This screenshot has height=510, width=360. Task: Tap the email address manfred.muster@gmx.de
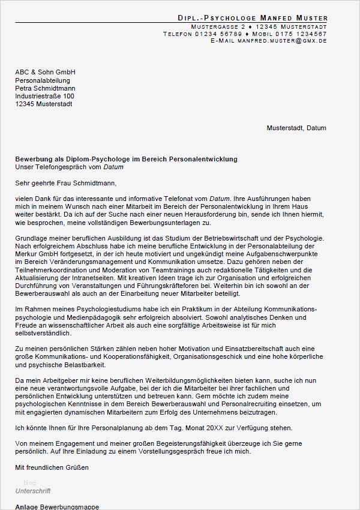[x=282, y=41]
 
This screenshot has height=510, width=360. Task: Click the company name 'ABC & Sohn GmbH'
[x=45, y=73]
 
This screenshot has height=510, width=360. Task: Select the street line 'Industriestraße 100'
[x=44, y=96]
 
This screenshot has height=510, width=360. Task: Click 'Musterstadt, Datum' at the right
[x=296, y=128]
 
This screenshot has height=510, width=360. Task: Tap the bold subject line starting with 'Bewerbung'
[x=126, y=159]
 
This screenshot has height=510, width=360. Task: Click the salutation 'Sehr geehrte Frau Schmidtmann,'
[x=65, y=183]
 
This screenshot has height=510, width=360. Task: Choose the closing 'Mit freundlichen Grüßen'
[x=52, y=467]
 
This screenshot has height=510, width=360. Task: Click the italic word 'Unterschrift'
[x=33, y=491]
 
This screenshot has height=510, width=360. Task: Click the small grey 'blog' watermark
[x=29, y=483]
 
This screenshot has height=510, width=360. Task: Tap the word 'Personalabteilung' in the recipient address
[x=43, y=80]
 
